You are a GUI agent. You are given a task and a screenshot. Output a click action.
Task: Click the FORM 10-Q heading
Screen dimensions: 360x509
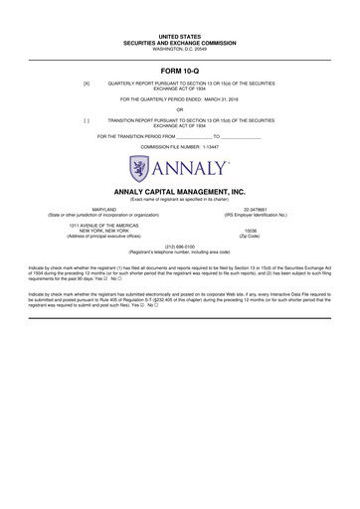coord(180,72)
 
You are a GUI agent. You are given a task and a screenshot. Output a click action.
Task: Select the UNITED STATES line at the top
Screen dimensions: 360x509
coord(180,36)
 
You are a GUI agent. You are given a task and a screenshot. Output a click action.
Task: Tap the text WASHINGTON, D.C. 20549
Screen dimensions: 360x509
coord(180,48)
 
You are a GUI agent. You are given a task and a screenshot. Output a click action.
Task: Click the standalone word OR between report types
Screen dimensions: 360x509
coord(180,109)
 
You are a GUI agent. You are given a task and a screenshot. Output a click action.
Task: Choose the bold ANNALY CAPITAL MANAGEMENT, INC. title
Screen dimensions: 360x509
coord(180,189)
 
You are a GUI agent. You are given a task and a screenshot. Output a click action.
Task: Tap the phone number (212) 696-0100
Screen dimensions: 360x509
coord(180,246)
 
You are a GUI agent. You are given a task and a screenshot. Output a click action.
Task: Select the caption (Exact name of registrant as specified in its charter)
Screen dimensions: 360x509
coord(180,198)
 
